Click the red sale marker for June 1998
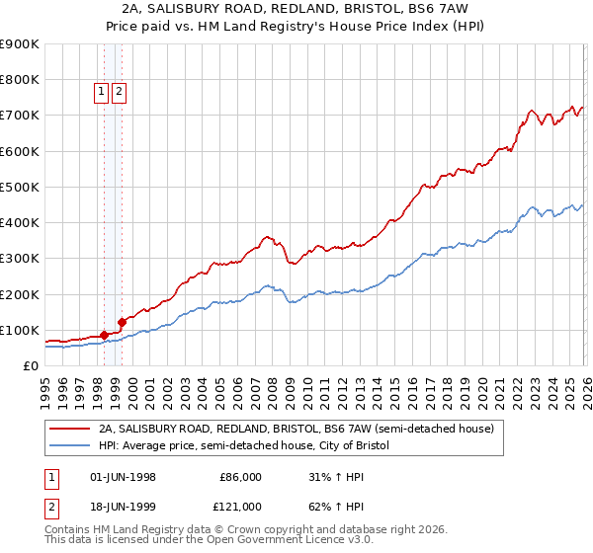pyautogui.click(x=104, y=335)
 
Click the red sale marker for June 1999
pyautogui.click(x=122, y=321)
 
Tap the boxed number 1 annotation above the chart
pyautogui.click(x=101, y=92)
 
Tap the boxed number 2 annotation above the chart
pyautogui.click(x=119, y=92)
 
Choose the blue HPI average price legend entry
pyautogui.click(x=244, y=446)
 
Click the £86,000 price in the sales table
pyautogui.click(x=240, y=477)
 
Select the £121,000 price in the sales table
pyautogui.click(x=240, y=506)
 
